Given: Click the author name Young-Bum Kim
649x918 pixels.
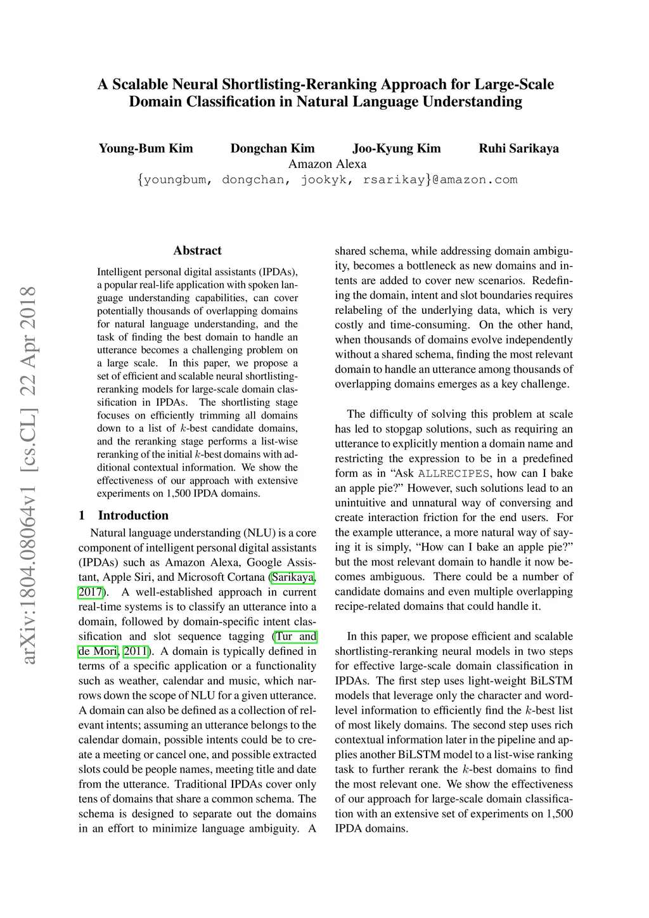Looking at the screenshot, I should tap(146, 149).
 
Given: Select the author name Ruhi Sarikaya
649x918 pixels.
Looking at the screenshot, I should tap(518, 149).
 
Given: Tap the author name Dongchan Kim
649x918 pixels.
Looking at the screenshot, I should tap(273, 149).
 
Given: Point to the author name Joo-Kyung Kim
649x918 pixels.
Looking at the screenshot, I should tap(396, 149).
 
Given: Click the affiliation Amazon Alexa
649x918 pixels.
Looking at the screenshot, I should tap(327, 164).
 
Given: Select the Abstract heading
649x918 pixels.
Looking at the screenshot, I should tap(197, 250).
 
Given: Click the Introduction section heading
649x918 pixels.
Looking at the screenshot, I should tap(133, 515).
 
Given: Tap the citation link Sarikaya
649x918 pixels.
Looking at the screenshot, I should tap(293, 577).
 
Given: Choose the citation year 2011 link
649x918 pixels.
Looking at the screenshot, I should tap(136, 651).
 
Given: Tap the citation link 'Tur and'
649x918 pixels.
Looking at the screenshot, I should tap(295, 637).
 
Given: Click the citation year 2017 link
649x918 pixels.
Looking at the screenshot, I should tap(90, 592).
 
